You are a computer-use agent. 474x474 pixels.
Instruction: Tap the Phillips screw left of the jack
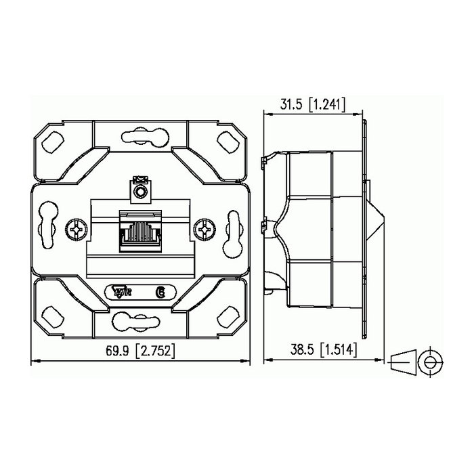click(x=77, y=231)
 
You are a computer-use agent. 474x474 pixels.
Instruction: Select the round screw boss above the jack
click(x=141, y=194)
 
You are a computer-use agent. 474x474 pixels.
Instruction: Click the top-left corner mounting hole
click(x=51, y=141)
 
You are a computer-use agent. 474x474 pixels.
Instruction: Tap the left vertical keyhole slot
click(x=48, y=230)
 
